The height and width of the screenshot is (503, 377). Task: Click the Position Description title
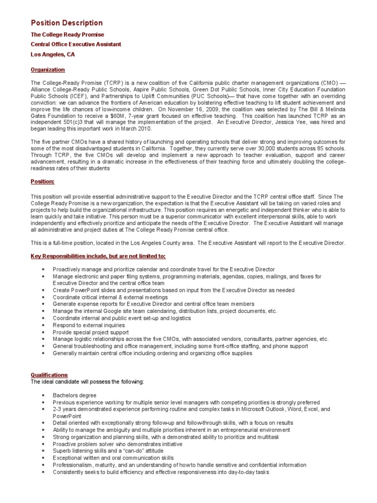67,23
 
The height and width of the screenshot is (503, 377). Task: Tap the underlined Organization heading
48,70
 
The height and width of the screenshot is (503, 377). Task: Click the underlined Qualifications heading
49,375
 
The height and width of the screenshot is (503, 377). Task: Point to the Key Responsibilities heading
98,256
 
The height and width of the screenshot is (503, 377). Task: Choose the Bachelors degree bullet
74,395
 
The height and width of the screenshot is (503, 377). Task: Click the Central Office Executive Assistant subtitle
76,44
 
